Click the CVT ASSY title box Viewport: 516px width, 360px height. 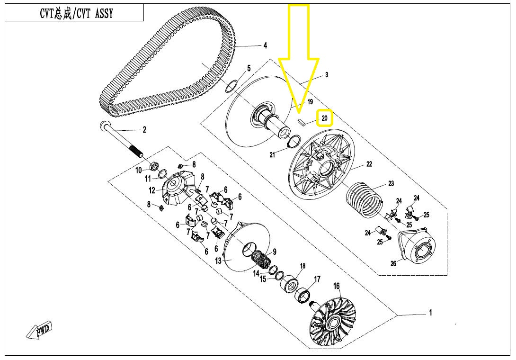click(x=74, y=13)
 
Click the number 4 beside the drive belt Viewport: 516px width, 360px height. click(x=265, y=45)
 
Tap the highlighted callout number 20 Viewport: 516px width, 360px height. click(x=324, y=118)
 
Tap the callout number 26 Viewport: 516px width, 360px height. click(x=393, y=264)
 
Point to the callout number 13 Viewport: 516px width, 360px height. click(x=218, y=261)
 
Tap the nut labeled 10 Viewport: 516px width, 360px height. click(x=153, y=166)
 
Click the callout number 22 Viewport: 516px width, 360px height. click(x=369, y=164)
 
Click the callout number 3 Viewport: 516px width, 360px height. click(x=326, y=75)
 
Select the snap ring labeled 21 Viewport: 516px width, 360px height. click(x=294, y=141)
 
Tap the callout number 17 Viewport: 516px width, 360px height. click(x=317, y=279)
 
